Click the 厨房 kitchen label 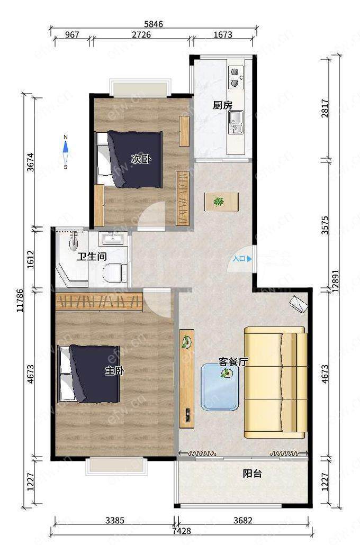tap(222, 105)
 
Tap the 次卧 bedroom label tap(141, 159)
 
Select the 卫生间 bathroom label tap(92, 257)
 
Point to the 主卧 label tap(115, 371)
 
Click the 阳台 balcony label tap(252, 474)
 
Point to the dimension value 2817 tap(325, 108)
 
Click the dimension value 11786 tap(21, 301)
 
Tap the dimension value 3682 tap(243, 520)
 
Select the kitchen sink tap(236, 122)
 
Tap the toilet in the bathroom tap(115, 272)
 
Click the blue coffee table tap(220, 386)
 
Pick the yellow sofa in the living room tap(275, 382)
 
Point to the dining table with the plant tap(222, 202)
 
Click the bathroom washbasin tap(112, 239)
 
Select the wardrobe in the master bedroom tap(99, 302)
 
